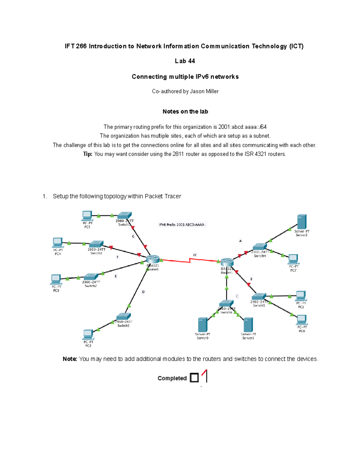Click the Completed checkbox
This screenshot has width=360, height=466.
click(x=194, y=377)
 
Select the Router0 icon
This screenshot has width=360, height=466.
click(x=153, y=259)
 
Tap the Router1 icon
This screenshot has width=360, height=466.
click(x=227, y=262)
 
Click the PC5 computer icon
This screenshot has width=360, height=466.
click(x=87, y=216)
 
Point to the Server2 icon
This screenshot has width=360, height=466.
click(x=302, y=222)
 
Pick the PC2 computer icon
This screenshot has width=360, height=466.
click(x=88, y=334)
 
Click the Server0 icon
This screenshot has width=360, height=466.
click(x=203, y=325)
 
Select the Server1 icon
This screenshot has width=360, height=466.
click(x=248, y=325)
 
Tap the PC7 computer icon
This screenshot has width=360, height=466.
click(x=293, y=259)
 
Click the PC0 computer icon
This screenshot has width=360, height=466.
click(x=301, y=320)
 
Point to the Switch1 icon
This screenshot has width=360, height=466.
click(x=96, y=244)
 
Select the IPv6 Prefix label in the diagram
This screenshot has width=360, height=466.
click(x=182, y=224)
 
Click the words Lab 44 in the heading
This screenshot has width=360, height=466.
click(x=185, y=61)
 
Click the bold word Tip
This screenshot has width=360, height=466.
click(x=87, y=154)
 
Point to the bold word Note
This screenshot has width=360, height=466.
click(x=70, y=359)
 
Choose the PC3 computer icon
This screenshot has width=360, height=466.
click(x=56, y=279)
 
